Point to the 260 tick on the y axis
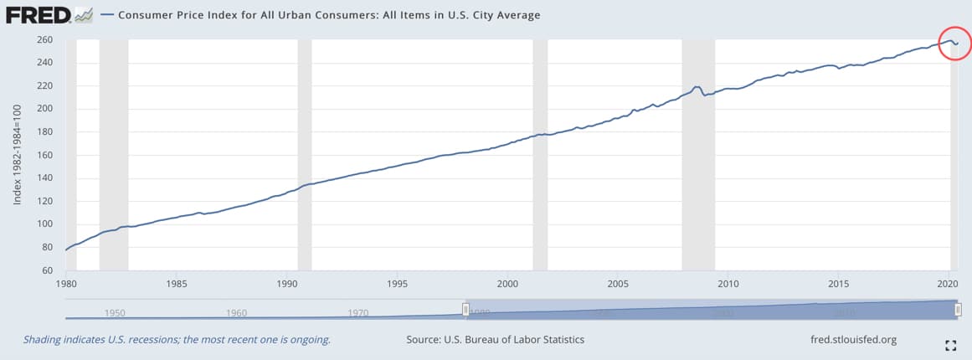45,39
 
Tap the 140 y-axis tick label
45,178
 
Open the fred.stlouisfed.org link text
848,340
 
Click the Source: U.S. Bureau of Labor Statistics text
495,340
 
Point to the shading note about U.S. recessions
176,340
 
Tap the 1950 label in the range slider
115,313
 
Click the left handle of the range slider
466,310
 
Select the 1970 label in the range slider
358,313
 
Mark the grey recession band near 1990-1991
304,155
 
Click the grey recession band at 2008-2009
698,155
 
